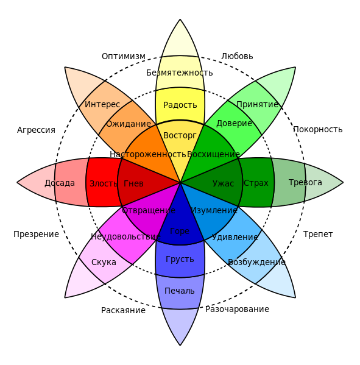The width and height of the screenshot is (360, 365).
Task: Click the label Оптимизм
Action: click(x=124, y=56)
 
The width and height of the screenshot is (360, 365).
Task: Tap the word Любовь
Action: click(x=237, y=56)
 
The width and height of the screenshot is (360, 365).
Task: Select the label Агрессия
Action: click(x=36, y=130)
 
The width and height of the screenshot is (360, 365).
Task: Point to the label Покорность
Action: click(x=318, y=129)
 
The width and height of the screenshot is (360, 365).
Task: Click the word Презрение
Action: click(x=36, y=234)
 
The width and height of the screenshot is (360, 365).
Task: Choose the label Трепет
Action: click(x=318, y=234)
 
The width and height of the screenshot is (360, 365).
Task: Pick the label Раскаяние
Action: click(x=123, y=310)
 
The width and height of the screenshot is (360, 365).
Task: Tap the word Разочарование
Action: click(x=237, y=309)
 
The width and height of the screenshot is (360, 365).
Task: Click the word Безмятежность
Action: click(x=180, y=73)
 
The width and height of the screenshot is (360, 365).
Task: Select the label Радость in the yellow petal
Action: click(x=180, y=105)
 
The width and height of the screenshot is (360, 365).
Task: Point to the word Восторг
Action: click(x=180, y=135)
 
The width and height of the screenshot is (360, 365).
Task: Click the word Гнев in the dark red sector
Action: click(x=133, y=183)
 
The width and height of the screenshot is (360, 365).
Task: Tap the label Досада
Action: click(x=60, y=183)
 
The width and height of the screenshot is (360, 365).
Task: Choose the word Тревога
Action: click(x=305, y=182)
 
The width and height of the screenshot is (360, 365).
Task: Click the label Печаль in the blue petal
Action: click(x=180, y=291)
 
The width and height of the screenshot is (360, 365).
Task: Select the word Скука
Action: click(x=104, y=262)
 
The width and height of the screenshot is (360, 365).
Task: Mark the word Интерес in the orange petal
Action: click(x=102, y=104)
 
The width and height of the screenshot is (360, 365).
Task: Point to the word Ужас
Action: click(x=223, y=183)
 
